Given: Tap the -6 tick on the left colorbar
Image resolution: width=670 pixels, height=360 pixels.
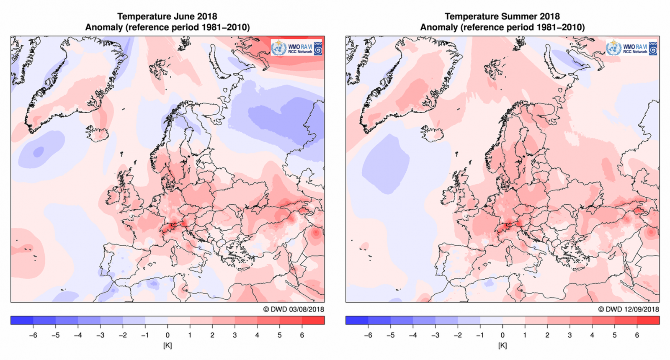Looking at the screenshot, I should click(33, 335).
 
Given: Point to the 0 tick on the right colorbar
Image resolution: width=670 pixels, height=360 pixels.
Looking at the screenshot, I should click(502, 335).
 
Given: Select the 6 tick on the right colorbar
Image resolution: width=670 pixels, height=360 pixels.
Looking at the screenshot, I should click(637, 335).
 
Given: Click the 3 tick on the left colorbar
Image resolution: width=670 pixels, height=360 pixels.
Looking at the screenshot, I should click(234, 335).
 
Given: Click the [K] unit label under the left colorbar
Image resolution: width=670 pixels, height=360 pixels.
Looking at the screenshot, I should click(167, 345).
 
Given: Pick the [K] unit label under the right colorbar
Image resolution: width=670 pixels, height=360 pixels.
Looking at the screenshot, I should click(502, 345).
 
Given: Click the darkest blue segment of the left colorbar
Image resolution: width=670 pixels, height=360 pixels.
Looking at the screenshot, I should click(22, 320).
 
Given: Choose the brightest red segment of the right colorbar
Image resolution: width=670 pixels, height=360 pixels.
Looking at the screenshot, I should click(648, 320).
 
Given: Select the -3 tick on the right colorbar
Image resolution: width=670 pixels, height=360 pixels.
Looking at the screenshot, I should click(435, 335).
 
